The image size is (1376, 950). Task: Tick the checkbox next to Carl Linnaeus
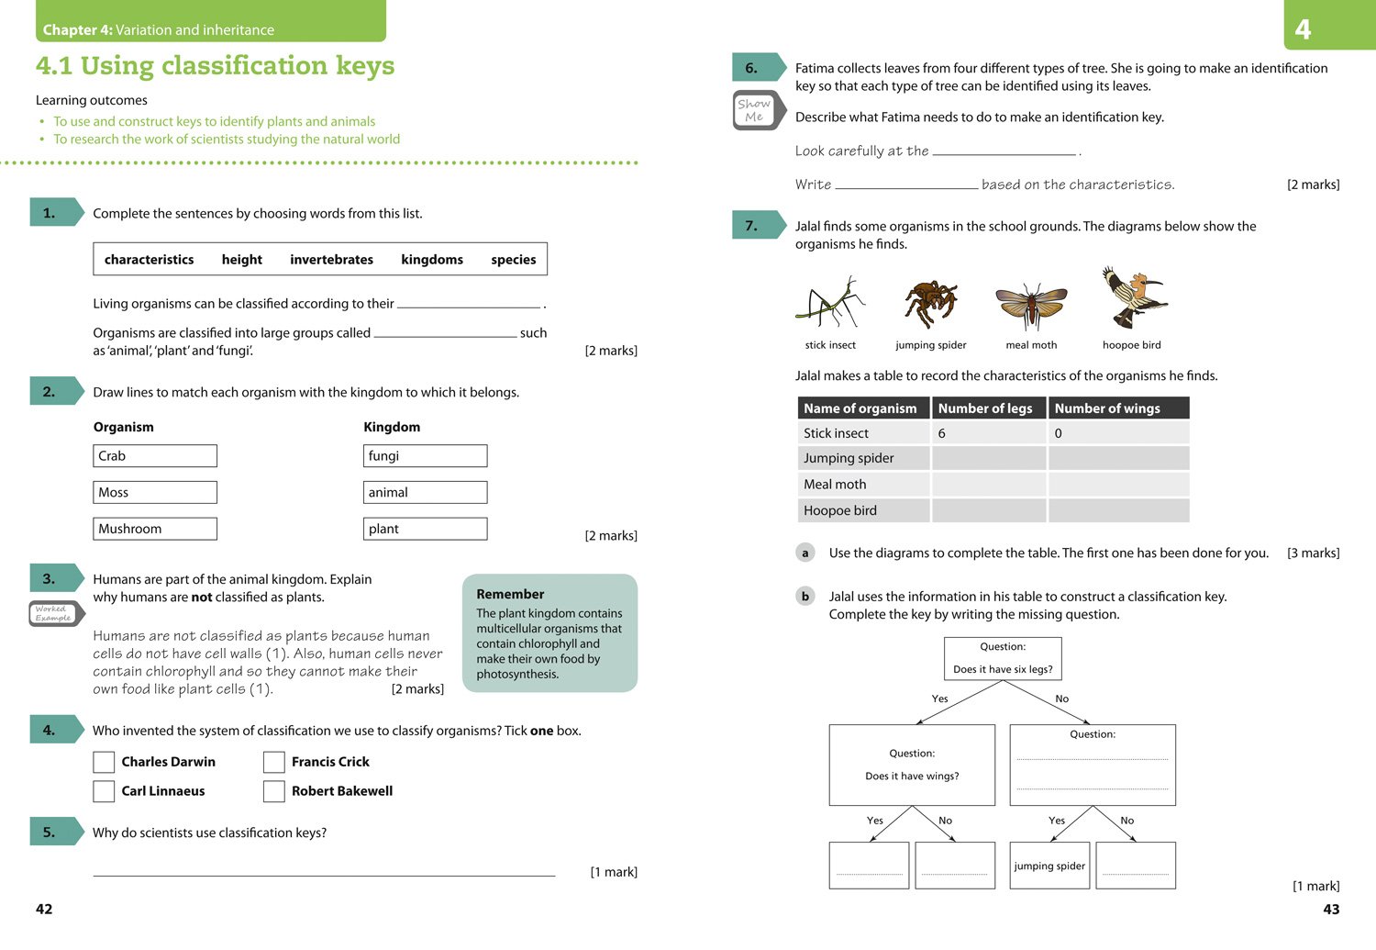point(105,791)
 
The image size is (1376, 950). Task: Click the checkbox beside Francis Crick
point(274,762)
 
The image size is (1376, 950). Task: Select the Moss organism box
point(155,493)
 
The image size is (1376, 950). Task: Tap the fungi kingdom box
point(425,456)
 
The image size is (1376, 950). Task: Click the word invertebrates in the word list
point(331,260)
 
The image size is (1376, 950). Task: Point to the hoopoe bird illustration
point(1133,298)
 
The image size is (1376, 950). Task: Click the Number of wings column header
point(1118,408)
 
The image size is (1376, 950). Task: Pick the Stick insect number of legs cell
point(989,433)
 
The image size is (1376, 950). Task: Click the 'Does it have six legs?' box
point(1003,659)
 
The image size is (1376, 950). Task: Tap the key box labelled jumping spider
point(1049,866)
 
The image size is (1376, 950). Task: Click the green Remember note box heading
point(510,594)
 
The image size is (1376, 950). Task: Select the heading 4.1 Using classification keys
point(215,66)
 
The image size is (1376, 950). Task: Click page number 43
point(1331,910)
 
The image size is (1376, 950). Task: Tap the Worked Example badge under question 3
point(54,613)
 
